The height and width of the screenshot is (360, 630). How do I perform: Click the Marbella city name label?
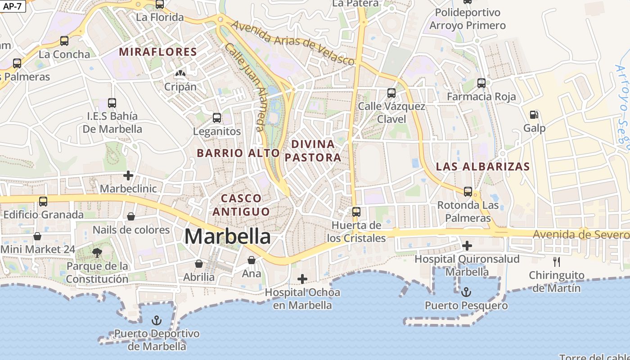228,237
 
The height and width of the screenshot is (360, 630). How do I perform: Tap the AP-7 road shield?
13,6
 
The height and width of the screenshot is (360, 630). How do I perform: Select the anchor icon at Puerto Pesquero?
466,292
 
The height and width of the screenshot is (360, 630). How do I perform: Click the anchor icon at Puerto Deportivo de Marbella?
157,320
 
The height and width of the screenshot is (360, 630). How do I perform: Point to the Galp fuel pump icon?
534,115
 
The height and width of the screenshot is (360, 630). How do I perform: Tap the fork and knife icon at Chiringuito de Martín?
557,262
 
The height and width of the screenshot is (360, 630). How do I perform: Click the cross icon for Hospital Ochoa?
302,279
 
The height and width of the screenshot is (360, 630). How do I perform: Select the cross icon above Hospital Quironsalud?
467,246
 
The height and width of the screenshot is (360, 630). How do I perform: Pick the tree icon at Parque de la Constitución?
97,252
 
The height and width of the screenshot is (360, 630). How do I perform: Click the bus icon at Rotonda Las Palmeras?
468,192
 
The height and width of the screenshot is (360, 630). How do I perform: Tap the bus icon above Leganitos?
217,118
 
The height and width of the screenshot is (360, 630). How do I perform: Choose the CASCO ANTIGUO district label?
241,205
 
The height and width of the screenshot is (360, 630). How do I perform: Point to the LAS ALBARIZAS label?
483,166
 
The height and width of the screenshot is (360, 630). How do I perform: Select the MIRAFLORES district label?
158,52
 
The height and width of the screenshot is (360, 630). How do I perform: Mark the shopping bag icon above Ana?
252,260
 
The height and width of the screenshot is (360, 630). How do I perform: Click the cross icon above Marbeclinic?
128,175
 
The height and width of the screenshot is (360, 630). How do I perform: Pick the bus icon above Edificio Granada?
43,202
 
